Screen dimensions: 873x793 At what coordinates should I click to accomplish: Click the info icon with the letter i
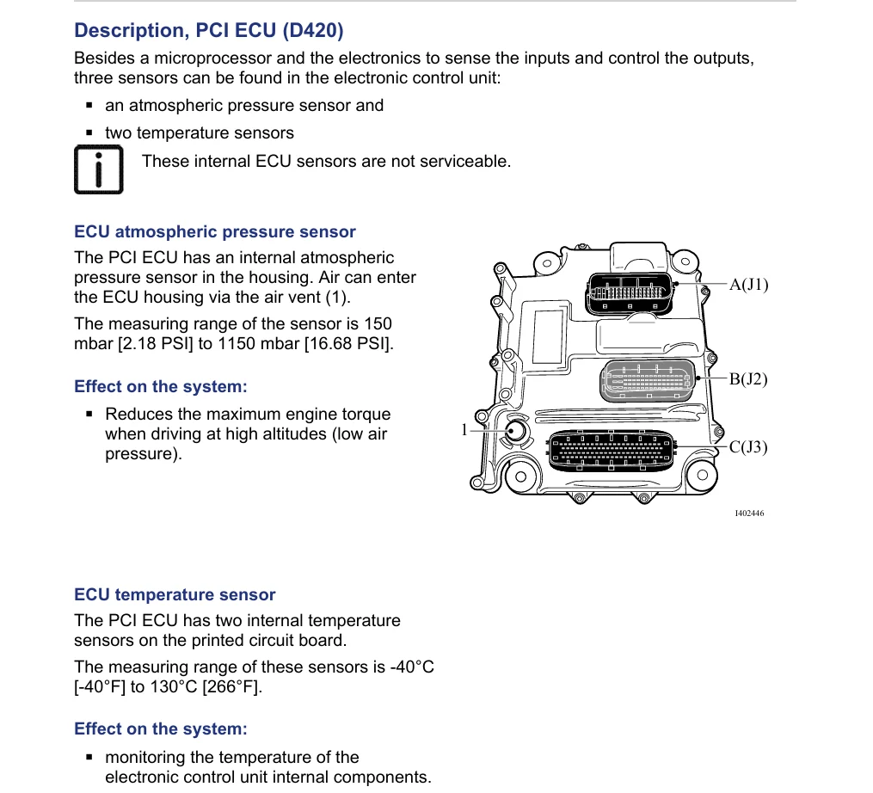point(99,169)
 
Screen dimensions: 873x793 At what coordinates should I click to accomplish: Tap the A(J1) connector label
point(748,285)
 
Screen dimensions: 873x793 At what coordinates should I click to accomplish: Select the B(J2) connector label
point(748,379)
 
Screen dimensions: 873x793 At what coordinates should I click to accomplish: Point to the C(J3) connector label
point(748,447)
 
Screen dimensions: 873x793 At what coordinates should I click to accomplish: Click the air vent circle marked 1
point(516,431)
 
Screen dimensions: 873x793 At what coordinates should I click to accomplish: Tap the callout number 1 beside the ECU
point(464,430)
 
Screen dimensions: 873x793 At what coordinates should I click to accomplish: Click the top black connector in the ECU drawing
point(629,293)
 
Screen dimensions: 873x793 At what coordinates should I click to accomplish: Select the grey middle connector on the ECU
point(648,380)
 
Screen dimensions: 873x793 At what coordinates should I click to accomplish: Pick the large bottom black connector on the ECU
point(612,450)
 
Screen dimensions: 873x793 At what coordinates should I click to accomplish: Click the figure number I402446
point(749,513)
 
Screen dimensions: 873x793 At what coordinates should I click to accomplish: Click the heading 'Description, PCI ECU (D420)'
point(209,30)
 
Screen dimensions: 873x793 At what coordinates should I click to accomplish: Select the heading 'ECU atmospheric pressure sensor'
point(215,231)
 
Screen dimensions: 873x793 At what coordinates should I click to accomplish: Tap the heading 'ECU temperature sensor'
point(175,594)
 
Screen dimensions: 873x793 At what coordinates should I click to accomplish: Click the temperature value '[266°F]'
point(232,686)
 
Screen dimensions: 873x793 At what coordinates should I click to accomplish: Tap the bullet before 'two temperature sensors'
point(89,133)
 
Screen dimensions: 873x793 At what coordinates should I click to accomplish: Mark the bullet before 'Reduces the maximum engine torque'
point(89,415)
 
